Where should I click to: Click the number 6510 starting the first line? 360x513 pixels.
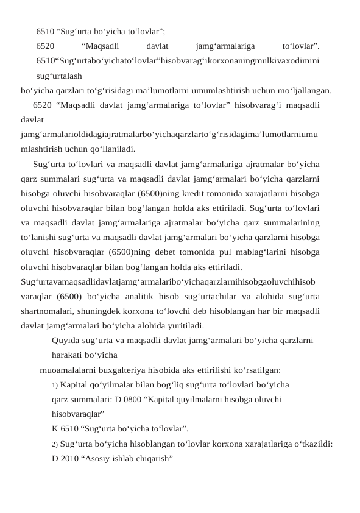point(44,30)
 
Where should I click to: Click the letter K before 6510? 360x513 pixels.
point(55,428)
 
